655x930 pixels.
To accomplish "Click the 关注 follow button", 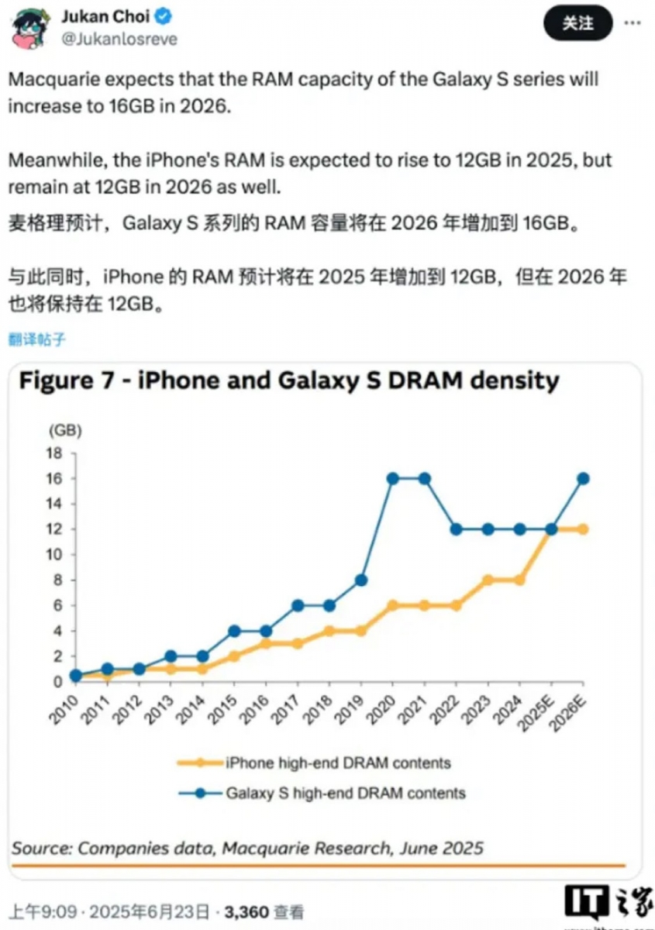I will coord(577,24).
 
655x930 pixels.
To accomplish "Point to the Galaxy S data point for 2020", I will coord(393,478).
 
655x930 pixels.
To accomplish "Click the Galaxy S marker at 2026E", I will coord(583,478).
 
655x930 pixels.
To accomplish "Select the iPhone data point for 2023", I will coord(488,580).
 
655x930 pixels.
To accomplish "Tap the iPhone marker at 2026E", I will coord(583,529).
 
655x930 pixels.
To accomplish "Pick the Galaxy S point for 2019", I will coord(361,580).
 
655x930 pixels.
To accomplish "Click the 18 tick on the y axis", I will coord(54,453).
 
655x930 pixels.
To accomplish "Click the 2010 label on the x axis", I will coord(64,710).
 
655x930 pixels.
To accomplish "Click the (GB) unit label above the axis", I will coord(65,429).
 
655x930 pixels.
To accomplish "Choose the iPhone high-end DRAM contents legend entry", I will coord(337,763).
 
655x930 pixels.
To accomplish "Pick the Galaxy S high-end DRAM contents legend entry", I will coord(345,793).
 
